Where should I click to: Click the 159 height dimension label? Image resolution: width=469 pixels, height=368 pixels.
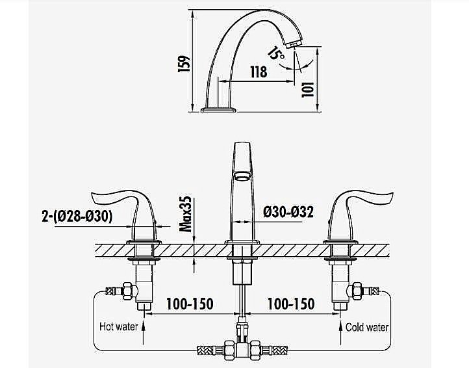184,64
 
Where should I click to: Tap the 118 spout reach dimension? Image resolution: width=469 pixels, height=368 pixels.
259,72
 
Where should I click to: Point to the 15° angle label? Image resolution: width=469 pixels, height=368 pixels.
276,53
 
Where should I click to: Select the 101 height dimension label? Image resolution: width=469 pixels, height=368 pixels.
308,89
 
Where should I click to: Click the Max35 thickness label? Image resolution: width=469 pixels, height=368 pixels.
185,214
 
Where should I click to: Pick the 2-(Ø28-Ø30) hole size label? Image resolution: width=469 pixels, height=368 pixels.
77,217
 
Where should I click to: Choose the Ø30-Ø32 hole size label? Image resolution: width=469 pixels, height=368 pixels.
288,213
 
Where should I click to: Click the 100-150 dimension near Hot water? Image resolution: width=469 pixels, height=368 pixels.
190,304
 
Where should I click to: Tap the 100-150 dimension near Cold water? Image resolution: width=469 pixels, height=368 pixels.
291,304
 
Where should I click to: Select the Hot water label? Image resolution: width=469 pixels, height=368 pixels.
119,326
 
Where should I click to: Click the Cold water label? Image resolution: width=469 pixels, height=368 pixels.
367,327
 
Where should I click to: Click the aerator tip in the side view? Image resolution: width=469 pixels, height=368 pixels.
293,45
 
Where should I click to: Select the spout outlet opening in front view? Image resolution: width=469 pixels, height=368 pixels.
243,175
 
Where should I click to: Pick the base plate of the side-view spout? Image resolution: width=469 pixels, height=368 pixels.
218,110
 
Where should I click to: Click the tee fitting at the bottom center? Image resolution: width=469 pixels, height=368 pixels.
242,349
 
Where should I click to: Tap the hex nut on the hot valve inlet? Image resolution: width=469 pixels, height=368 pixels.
129,290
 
